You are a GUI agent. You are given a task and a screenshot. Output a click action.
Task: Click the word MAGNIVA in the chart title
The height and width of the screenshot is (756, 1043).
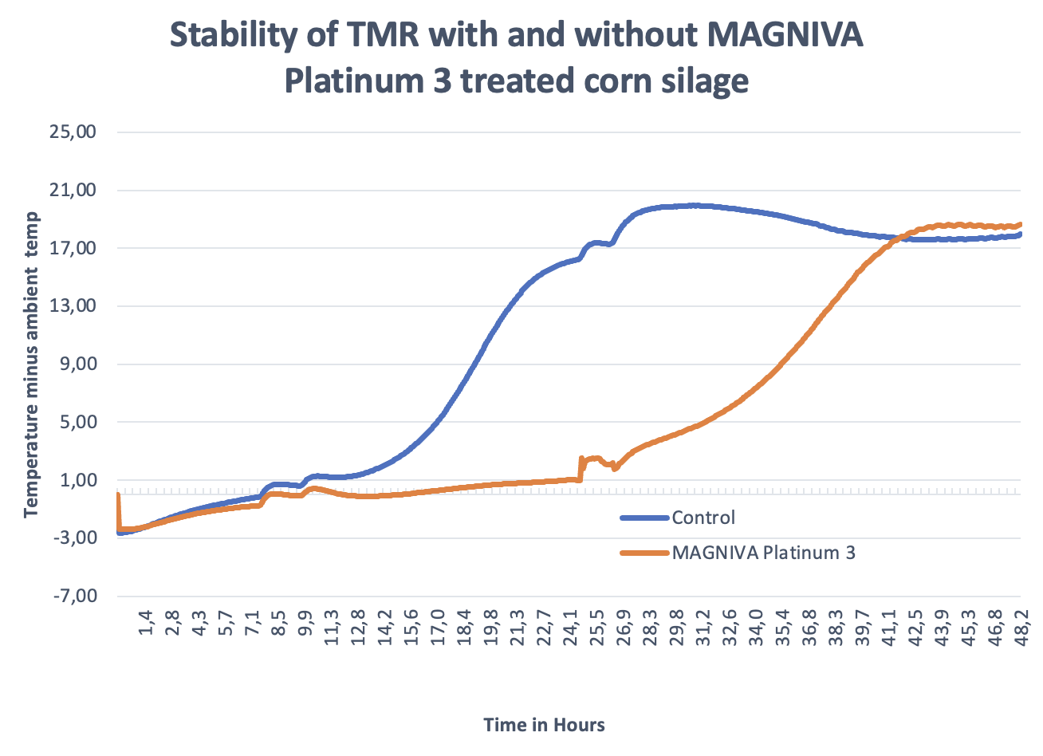tap(785, 36)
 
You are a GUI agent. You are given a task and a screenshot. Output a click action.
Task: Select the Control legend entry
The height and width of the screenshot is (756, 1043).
tap(703, 518)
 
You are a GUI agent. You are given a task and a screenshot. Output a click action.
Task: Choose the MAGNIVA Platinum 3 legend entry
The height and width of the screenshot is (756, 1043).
tap(763, 553)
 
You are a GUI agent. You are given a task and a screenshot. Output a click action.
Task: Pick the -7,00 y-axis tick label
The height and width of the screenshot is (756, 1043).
tap(75, 597)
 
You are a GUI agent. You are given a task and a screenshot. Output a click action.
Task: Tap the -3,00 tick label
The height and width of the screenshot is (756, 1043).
tap(75, 538)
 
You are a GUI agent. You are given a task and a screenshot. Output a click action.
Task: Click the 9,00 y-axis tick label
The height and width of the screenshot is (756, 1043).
tap(77, 364)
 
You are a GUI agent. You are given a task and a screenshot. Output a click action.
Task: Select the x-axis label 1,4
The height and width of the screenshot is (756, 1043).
tap(145, 622)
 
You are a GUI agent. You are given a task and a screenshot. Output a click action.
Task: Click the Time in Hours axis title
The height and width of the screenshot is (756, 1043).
tap(544, 725)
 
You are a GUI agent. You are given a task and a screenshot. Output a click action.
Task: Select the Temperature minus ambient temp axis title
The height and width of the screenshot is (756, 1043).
tap(31, 364)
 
